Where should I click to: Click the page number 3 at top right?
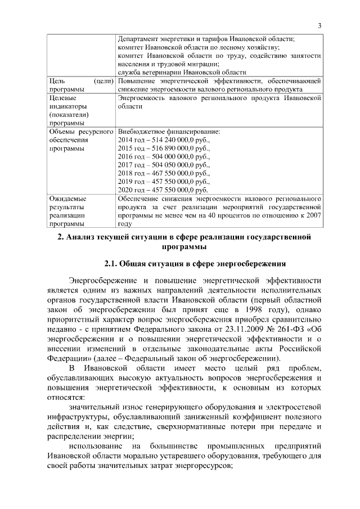319,25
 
